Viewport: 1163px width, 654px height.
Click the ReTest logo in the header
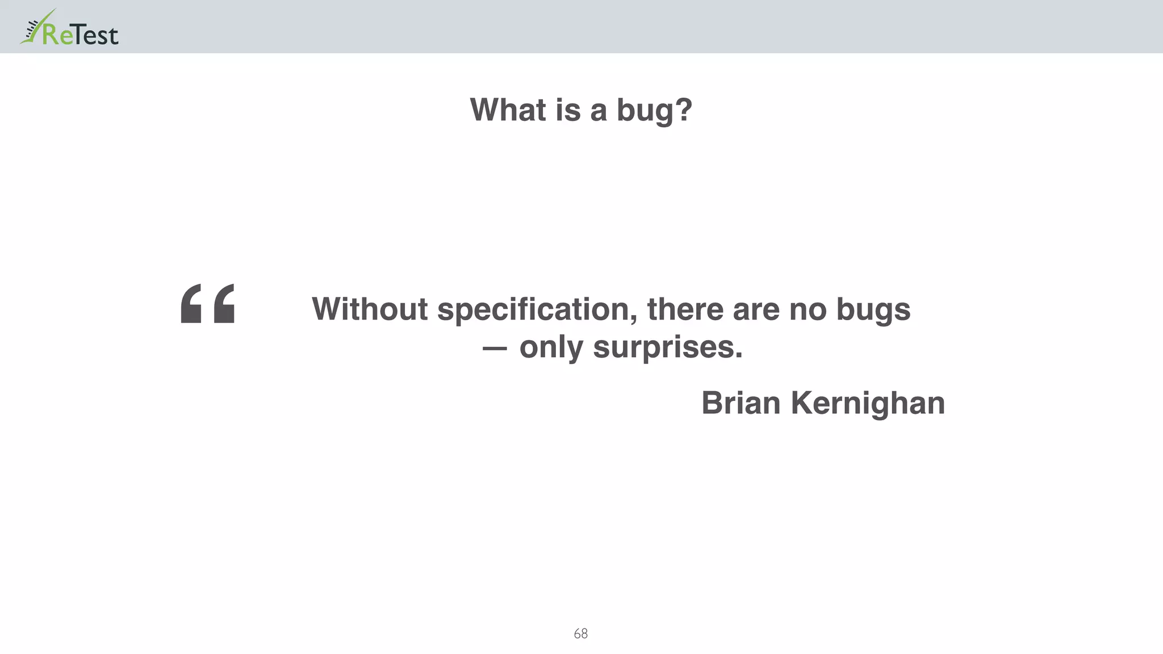pos(69,28)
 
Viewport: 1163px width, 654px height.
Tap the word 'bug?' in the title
pos(655,110)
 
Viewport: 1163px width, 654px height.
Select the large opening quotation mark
pos(207,304)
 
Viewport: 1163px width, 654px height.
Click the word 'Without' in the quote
pos(370,309)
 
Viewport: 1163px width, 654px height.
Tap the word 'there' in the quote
pos(685,309)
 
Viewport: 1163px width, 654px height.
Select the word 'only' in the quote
pos(551,347)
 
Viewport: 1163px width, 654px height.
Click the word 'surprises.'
pos(668,347)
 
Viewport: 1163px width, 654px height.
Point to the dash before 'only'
pos(494,348)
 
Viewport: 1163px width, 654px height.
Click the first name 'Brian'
pos(741,403)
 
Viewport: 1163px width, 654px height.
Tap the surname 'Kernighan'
pos(868,404)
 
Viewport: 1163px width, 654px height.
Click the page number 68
pos(580,634)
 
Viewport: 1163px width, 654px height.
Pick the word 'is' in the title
pos(568,110)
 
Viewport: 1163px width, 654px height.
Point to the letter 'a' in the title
pos(599,110)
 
